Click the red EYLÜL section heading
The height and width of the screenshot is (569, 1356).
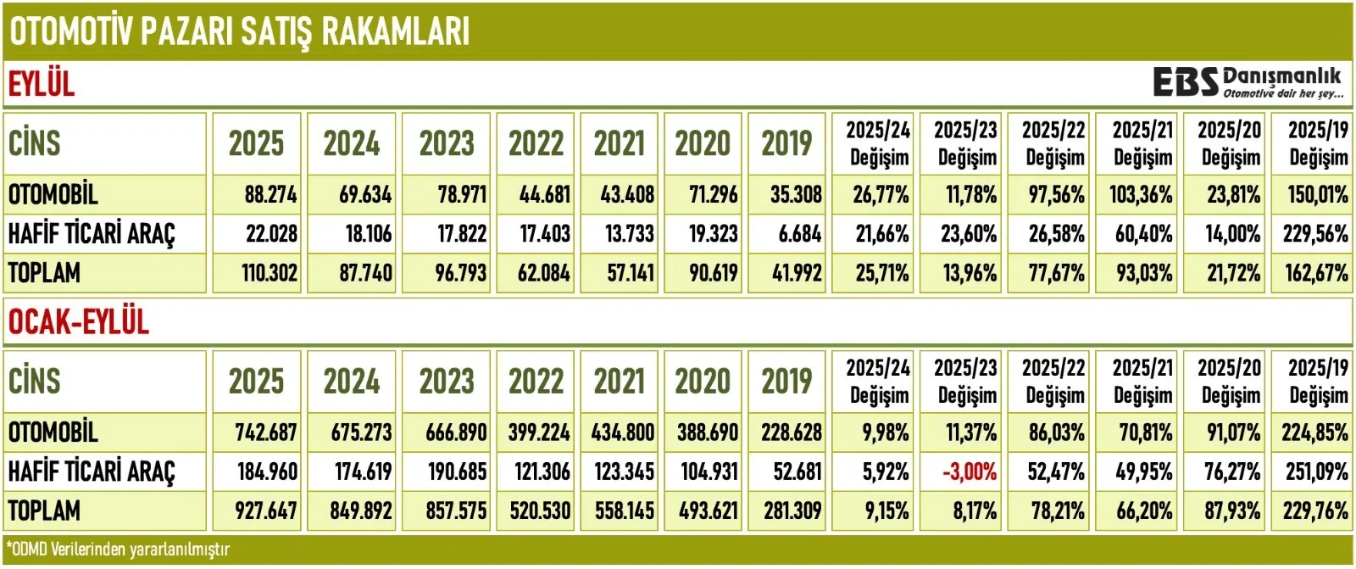click(42, 84)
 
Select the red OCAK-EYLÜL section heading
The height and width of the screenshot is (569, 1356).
click(78, 321)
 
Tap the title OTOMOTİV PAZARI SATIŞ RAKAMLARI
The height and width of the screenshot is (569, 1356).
click(239, 31)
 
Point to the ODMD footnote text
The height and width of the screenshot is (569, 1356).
click(118, 549)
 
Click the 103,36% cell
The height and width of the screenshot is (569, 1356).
click(1141, 195)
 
